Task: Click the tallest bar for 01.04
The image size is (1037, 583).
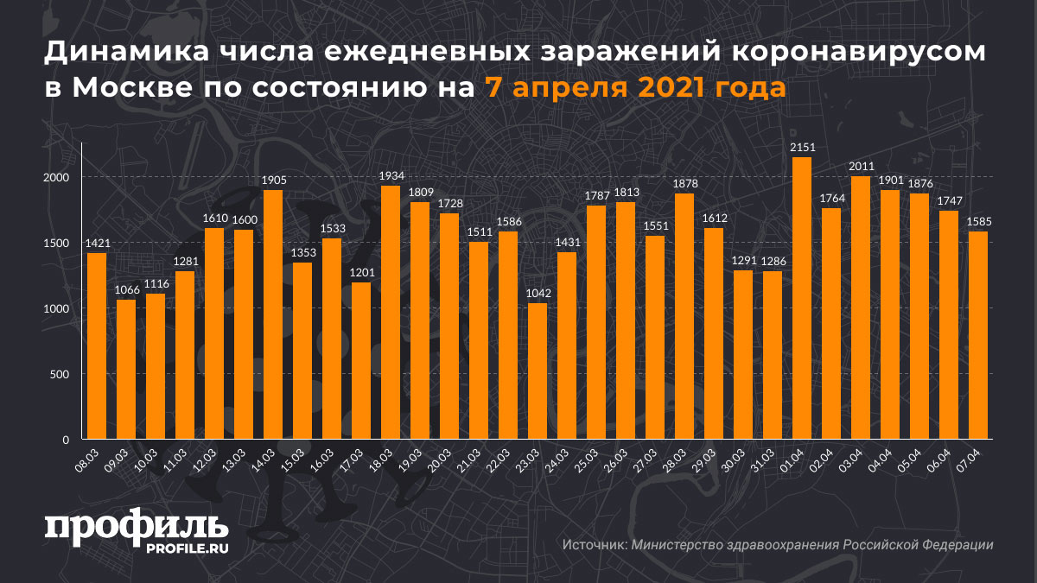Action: click(801, 298)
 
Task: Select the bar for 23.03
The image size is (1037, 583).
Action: click(537, 371)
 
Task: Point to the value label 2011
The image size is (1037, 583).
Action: click(860, 167)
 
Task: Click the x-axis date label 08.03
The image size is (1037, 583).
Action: click(86, 459)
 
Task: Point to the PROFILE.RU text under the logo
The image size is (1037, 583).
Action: click(187, 548)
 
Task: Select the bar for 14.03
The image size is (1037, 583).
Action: click(272, 315)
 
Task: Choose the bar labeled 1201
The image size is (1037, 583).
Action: click(360, 361)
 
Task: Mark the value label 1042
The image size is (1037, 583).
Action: click(537, 294)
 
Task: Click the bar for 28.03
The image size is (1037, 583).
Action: click(684, 317)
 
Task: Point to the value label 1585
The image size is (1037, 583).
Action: click(978, 222)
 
